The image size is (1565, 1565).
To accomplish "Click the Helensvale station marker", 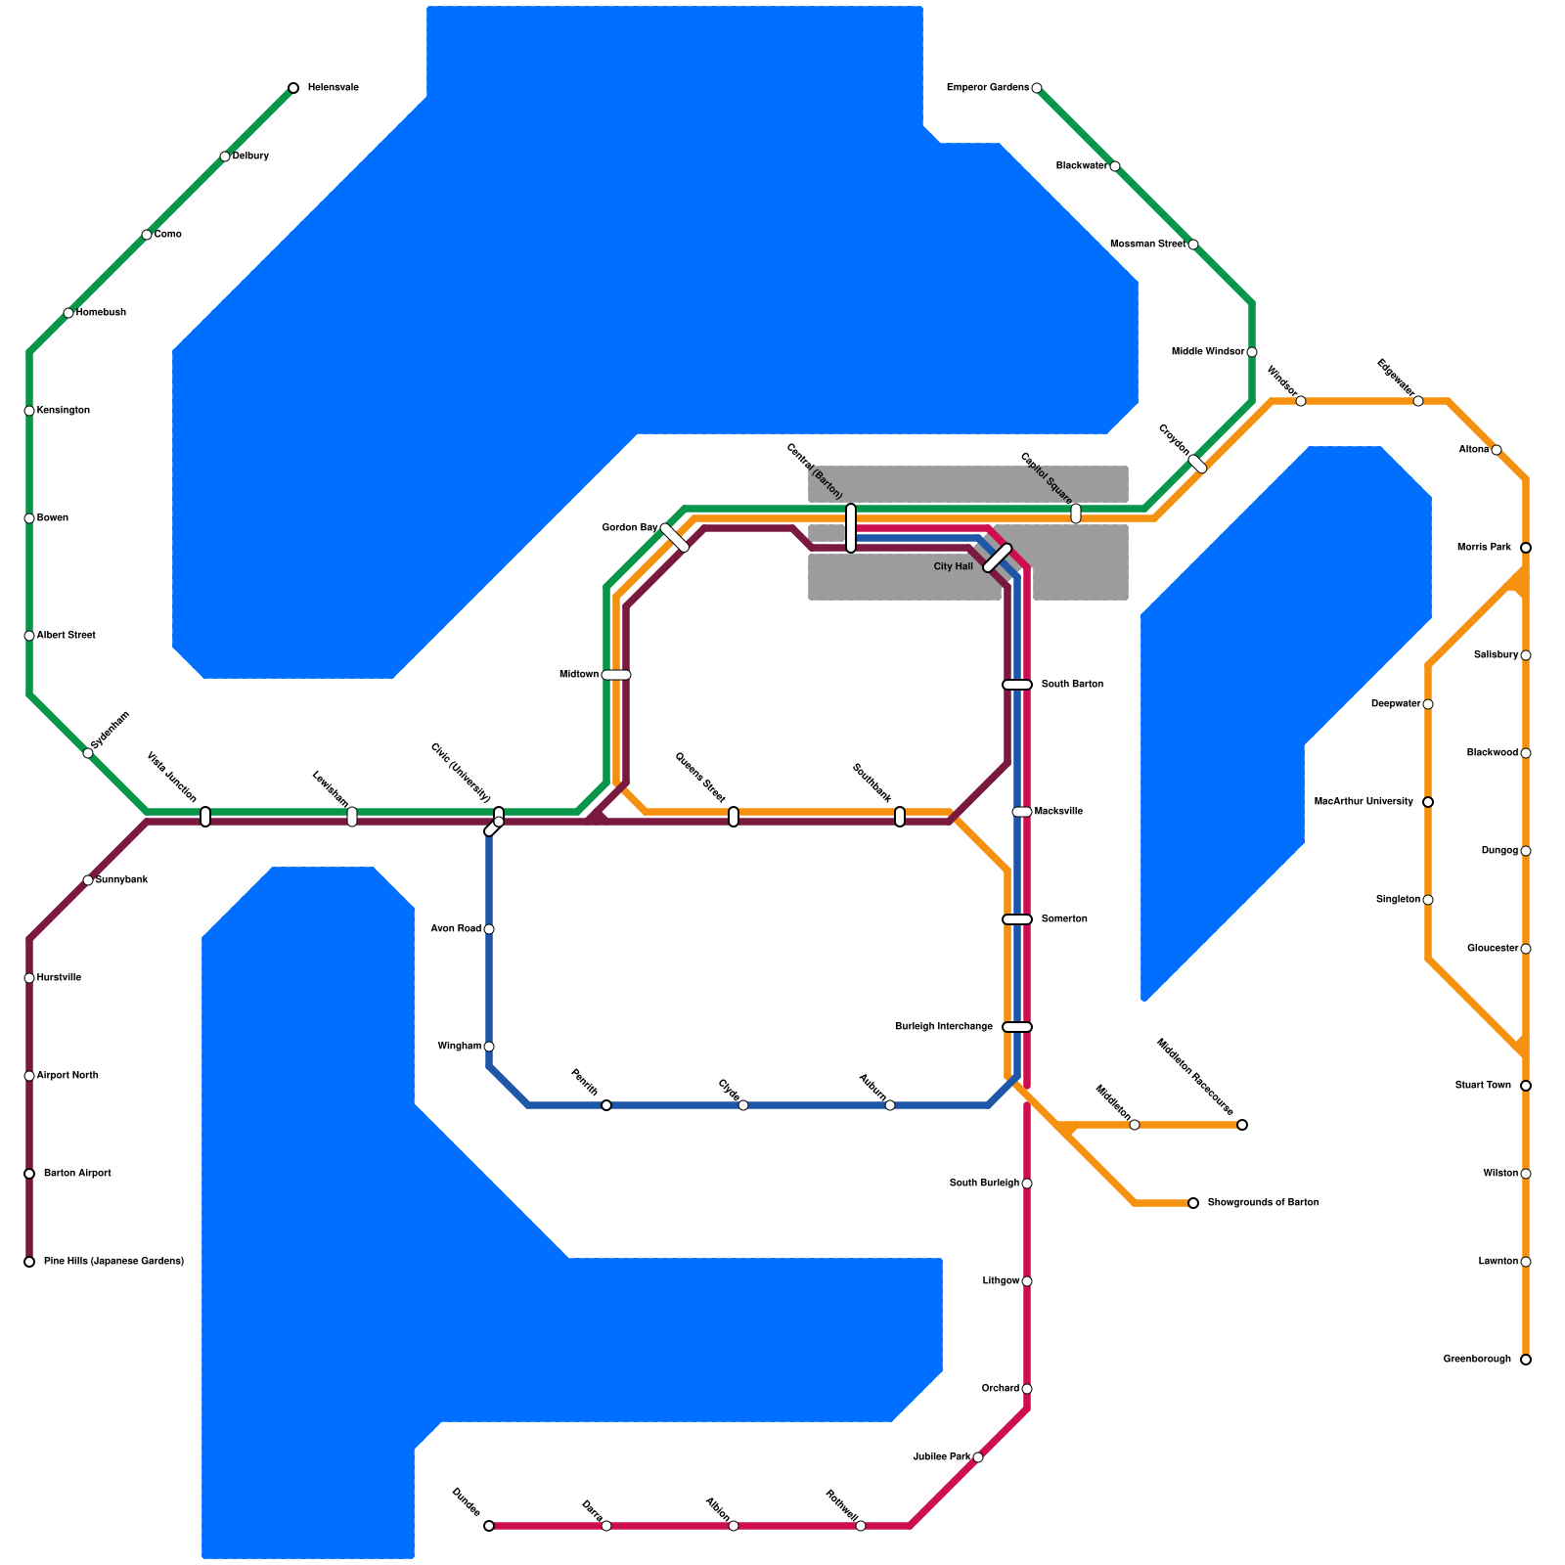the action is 293,88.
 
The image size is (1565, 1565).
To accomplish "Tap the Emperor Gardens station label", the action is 987,88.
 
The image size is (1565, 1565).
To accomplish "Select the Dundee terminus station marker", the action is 489,1526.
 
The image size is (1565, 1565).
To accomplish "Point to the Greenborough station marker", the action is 1526,1360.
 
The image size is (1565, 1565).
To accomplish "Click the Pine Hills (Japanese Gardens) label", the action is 113,1262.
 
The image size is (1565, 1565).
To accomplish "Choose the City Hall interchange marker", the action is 997,558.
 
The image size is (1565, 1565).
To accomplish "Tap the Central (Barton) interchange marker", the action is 851,528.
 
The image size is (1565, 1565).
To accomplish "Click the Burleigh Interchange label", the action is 944,1027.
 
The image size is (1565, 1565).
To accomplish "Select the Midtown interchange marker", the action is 616,675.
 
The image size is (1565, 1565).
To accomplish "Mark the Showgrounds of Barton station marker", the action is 1193,1203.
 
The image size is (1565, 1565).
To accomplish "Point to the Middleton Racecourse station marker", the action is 1242,1125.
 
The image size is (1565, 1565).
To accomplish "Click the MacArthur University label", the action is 1364,802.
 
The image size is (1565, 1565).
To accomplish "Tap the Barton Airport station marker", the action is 29,1174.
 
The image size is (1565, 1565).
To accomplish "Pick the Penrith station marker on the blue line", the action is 606,1105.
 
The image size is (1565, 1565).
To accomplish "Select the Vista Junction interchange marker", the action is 205,817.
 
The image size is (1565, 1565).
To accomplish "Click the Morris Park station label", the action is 1484,548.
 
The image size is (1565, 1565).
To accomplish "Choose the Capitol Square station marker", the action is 1076,514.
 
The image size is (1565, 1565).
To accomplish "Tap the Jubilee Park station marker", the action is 978,1457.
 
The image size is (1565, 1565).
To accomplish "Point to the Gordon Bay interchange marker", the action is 675,538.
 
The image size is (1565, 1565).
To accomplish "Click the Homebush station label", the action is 101,313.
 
